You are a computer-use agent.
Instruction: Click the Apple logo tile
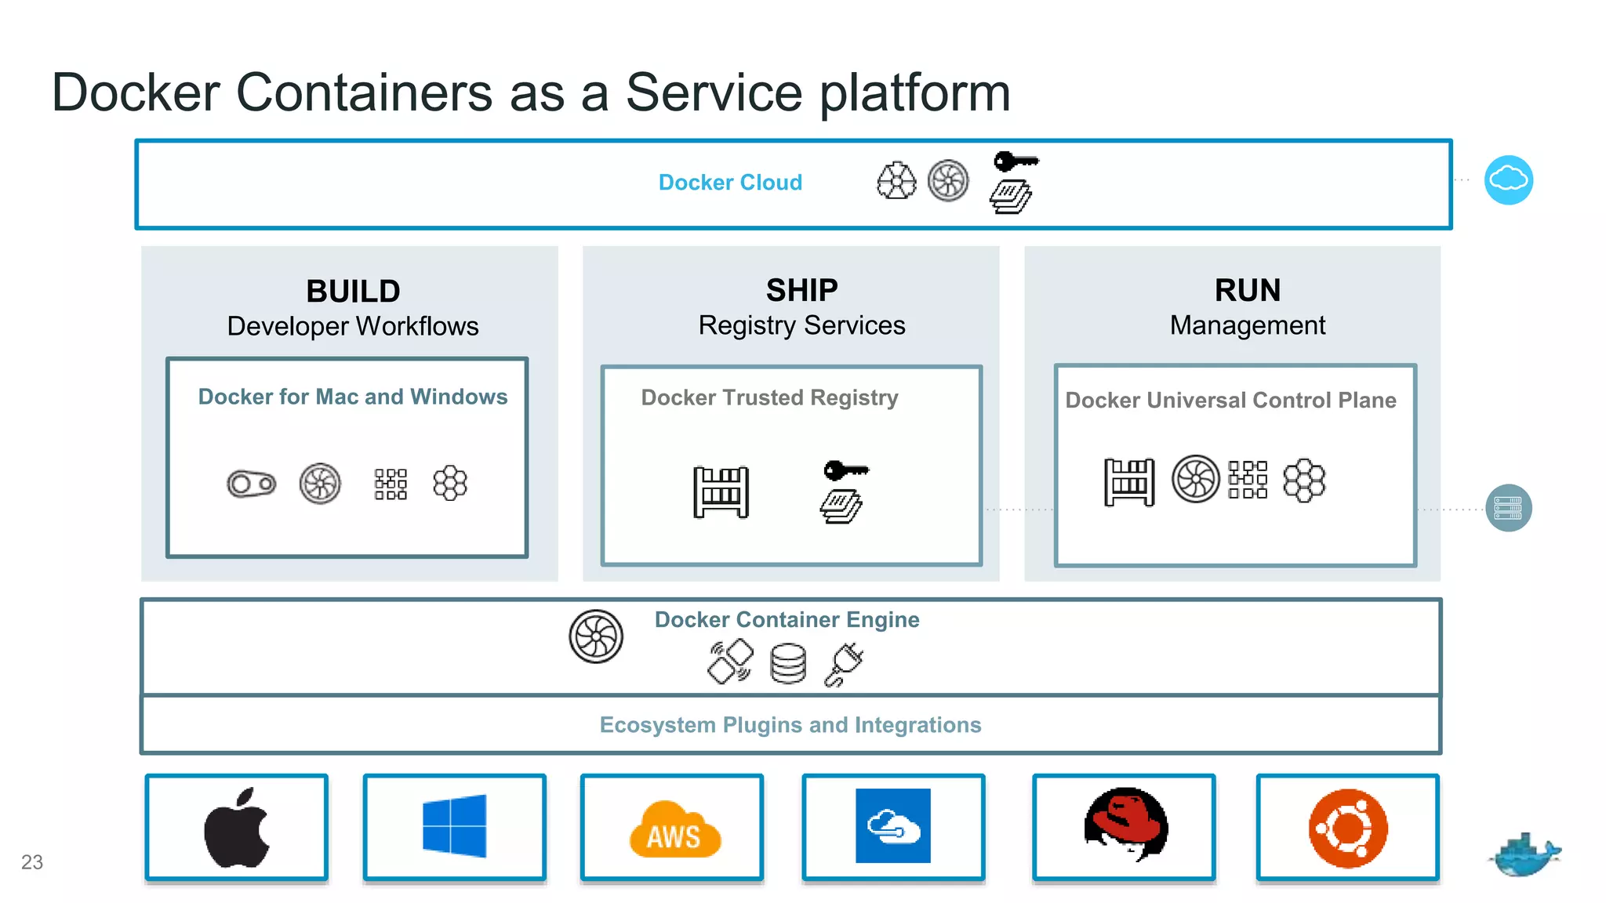(236, 828)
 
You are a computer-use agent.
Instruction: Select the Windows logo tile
(454, 826)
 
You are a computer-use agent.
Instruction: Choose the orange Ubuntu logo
(1347, 828)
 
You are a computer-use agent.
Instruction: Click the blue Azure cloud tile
(892, 826)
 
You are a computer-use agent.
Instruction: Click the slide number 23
(32, 862)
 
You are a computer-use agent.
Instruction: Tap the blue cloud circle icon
(1508, 180)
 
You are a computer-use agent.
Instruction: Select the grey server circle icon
(1508, 508)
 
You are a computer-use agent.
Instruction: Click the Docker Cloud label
(730, 183)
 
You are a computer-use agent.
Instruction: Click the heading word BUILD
(353, 292)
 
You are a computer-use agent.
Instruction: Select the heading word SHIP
(801, 291)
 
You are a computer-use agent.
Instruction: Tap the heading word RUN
(1247, 291)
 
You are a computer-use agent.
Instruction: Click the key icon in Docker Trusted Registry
(845, 470)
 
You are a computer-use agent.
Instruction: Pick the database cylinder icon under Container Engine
(787, 663)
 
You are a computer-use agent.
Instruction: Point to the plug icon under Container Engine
(845, 665)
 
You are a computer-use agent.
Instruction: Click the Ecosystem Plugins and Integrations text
(790, 725)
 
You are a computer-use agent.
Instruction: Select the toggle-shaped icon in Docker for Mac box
(251, 484)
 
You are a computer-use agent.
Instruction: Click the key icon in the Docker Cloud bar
(1016, 161)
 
